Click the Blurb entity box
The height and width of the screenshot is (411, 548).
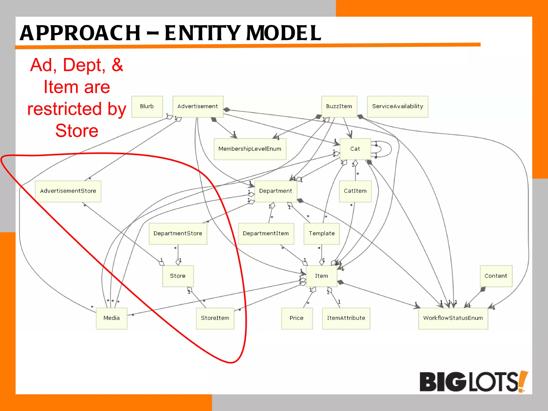point(147,106)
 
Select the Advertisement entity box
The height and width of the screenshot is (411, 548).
point(198,106)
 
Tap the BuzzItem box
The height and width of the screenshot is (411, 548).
point(339,106)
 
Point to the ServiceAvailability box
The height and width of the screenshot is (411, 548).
point(397,106)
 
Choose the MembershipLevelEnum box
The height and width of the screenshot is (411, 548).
point(250,149)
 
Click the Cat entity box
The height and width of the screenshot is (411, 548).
point(355,149)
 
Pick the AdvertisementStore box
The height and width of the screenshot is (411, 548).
point(68,191)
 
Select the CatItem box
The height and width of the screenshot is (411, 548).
point(355,191)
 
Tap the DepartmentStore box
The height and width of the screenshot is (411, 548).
point(178,233)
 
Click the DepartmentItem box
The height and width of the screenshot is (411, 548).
point(266,233)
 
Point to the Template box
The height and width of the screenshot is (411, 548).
point(321,233)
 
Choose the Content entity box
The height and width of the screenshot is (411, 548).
point(496,276)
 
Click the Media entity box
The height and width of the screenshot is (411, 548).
point(111,318)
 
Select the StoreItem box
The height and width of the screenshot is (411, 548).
point(215,318)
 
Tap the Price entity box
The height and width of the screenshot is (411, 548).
point(296,318)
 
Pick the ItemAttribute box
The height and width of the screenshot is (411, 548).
point(346,318)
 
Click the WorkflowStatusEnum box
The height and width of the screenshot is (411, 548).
point(453,318)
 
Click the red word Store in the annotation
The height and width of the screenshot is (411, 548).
point(77,131)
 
